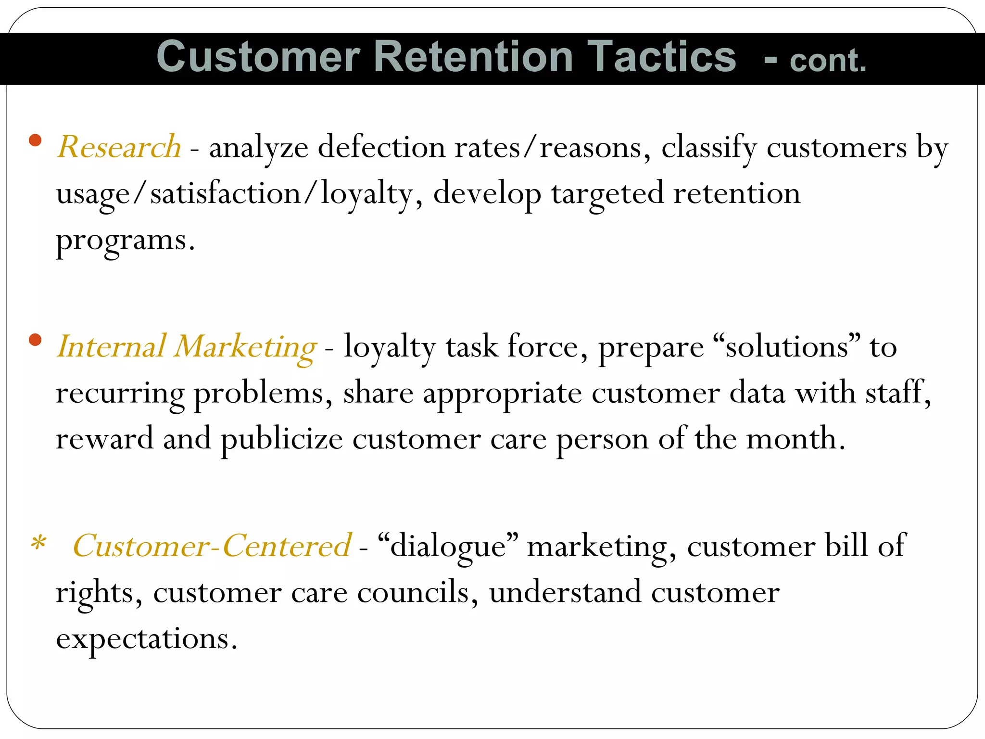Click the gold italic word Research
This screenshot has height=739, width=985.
119,147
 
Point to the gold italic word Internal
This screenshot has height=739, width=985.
111,346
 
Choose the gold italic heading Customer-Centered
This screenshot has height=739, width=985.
212,546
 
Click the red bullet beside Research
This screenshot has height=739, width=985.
35,140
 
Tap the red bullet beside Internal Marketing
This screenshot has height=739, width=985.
35,340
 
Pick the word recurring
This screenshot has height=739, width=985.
120,394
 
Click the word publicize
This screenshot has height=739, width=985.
282,439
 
